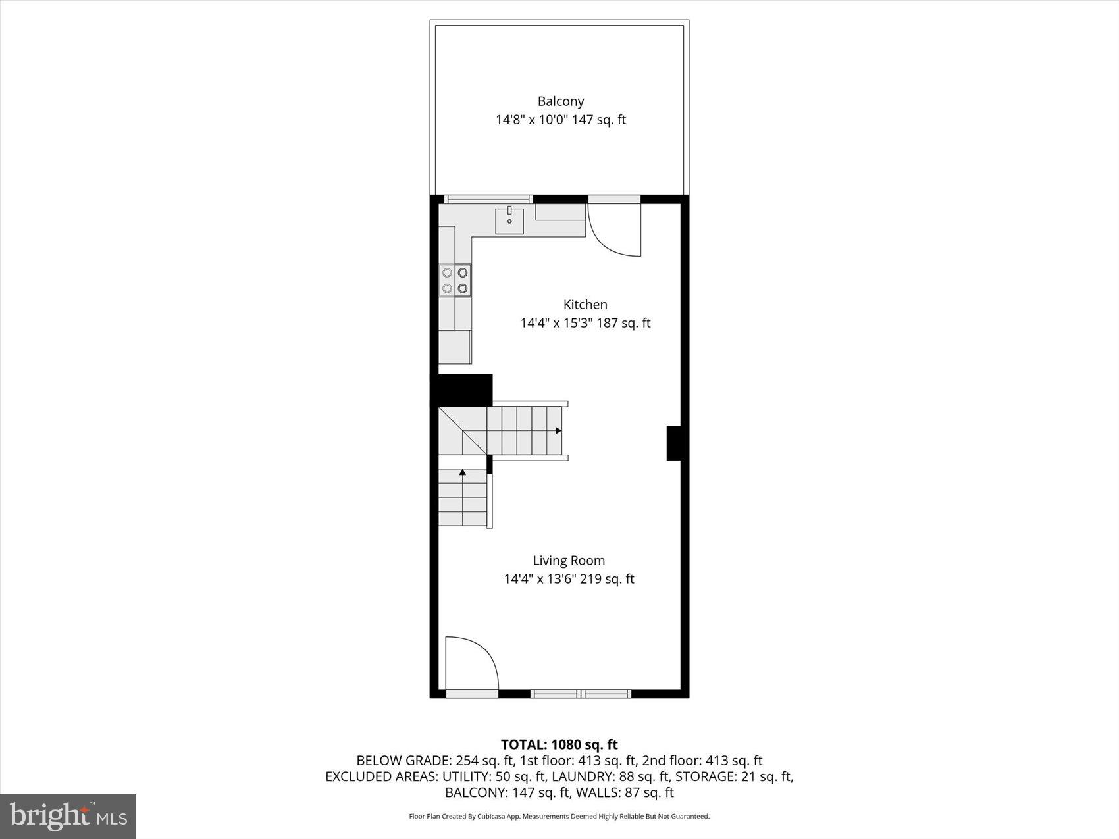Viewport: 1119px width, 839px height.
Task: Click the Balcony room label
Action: click(x=560, y=101)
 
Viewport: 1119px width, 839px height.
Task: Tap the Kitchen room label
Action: click(x=585, y=305)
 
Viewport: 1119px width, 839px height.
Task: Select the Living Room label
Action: click(x=569, y=561)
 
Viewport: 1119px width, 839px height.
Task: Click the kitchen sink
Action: click(x=509, y=220)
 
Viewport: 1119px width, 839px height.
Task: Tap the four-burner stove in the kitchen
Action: click(x=455, y=280)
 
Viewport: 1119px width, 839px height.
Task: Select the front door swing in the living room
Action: click(x=471, y=663)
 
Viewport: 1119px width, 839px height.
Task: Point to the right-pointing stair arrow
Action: click(x=558, y=431)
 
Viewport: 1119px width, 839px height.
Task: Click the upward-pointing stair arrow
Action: click(x=463, y=472)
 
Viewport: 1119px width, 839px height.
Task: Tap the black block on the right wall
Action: click(x=673, y=443)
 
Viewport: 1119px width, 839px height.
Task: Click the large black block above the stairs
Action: click(x=461, y=390)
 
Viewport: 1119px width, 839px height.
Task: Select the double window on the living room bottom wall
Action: click(x=581, y=693)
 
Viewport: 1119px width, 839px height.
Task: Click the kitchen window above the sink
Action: click(x=488, y=199)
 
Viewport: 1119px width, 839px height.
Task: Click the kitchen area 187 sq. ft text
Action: click(x=623, y=323)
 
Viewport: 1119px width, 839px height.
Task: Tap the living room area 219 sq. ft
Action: click(x=607, y=579)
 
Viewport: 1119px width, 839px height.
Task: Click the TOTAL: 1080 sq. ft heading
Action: click(x=559, y=744)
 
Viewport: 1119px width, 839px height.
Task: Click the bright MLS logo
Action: click(x=68, y=817)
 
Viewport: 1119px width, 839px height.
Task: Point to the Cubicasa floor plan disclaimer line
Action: click(x=559, y=817)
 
